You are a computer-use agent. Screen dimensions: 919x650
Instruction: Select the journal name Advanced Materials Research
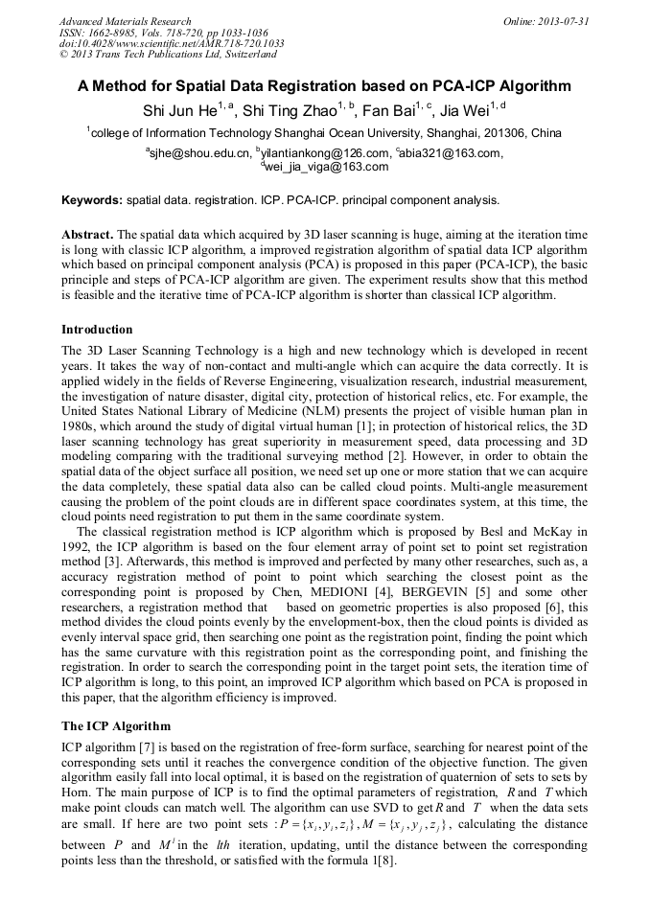[x=125, y=20]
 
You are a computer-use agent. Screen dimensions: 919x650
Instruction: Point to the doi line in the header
[x=172, y=43]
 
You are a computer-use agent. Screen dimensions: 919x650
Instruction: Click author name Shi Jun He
[x=179, y=110]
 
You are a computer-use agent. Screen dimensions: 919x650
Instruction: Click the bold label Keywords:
[x=92, y=200]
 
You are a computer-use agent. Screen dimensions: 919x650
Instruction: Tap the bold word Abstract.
[x=87, y=235]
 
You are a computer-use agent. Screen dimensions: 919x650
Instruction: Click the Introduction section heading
[x=97, y=329]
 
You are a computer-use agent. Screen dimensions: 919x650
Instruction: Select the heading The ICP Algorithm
[x=116, y=725]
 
